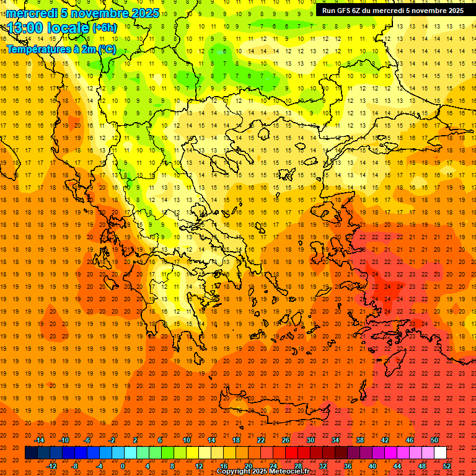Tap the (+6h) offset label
[104, 28]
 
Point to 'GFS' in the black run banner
[346, 11]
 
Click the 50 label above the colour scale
[434, 440]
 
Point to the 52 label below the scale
[447, 466]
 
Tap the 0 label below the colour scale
[123, 466]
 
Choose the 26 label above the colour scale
[286, 440]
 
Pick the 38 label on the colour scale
[360, 440]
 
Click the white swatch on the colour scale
[440, 453]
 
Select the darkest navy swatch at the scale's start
[31, 453]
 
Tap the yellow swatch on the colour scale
[192, 453]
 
